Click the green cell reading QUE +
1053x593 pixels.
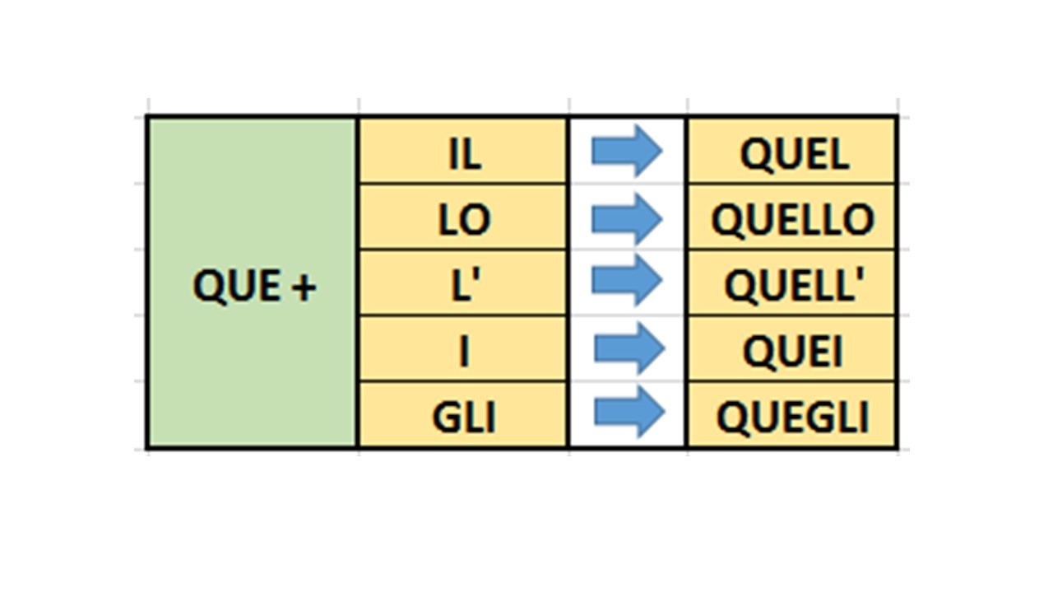pos(252,282)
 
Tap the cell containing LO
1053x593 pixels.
pos(463,219)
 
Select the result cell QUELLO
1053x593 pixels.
pos(793,219)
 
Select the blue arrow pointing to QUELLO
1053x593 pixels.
pos(627,218)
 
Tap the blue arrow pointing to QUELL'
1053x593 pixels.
pos(627,282)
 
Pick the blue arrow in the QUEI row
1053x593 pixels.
pos(629,348)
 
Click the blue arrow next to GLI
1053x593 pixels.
pos(629,413)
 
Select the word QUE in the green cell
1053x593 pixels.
pos(235,287)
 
